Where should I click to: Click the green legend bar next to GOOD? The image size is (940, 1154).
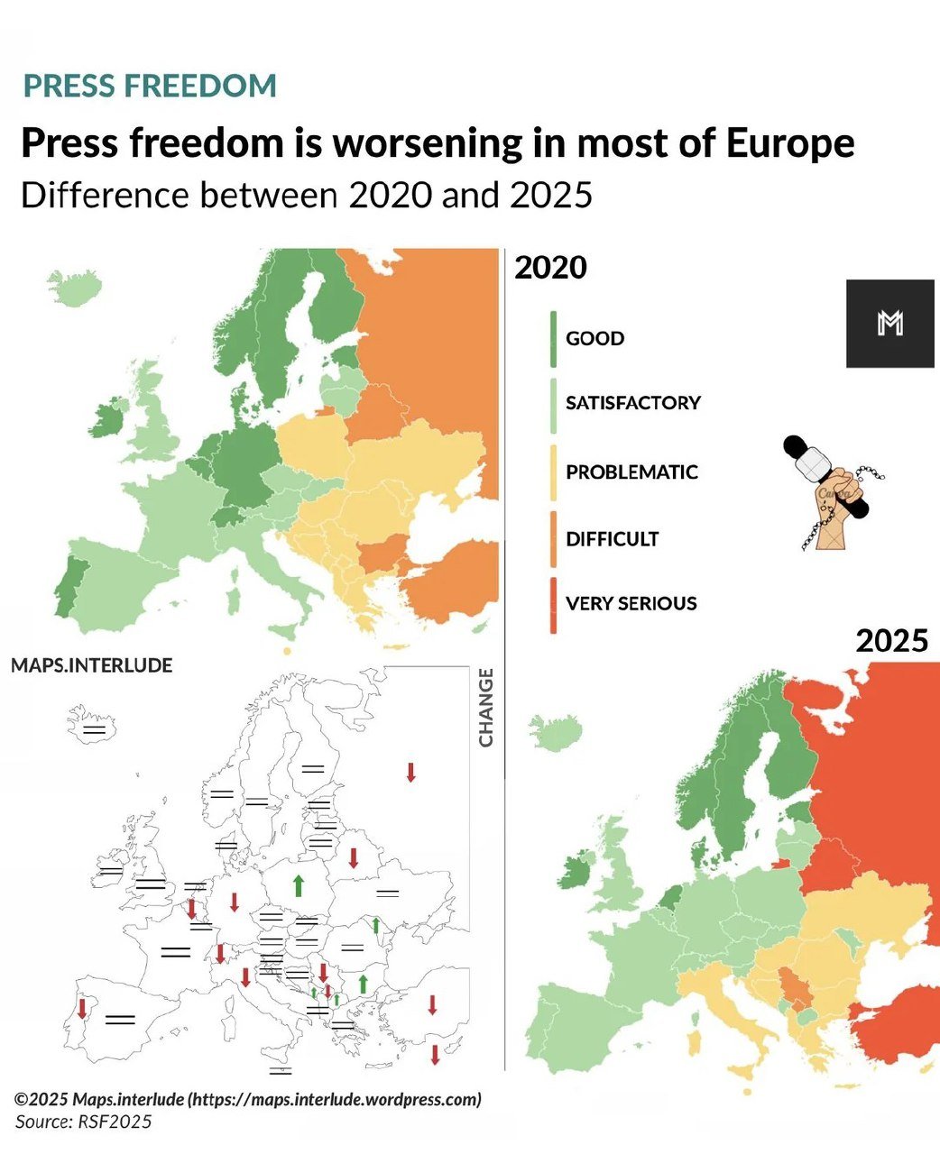pos(553,339)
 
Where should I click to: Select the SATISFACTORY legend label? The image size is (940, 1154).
pos(632,403)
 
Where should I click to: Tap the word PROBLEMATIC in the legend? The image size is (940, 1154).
pos(631,472)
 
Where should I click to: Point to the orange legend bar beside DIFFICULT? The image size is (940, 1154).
pos(553,539)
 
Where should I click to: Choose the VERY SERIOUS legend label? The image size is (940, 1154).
pos(631,603)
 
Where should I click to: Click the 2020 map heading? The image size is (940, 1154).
pos(550,268)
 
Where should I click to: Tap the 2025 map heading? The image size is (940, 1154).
pos(891,641)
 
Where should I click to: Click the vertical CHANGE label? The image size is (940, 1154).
pos(486,708)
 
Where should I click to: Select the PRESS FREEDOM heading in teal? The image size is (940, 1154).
pos(150,86)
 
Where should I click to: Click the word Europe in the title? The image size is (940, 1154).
pos(790,143)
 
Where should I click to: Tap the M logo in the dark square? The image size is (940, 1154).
pos(889,323)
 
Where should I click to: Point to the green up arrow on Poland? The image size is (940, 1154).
pos(298,885)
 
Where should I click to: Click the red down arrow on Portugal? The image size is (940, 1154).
pos(82,1008)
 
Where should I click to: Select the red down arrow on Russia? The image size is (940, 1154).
pos(410,772)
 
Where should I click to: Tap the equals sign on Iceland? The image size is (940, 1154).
pos(94,728)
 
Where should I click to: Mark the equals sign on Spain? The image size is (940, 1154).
pos(119,1020)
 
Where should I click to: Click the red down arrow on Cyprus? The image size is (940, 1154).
pos(435,1055)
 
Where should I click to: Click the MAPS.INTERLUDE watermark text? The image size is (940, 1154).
pos(91,665)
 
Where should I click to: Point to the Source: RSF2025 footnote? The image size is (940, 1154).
pos(83,1122)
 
